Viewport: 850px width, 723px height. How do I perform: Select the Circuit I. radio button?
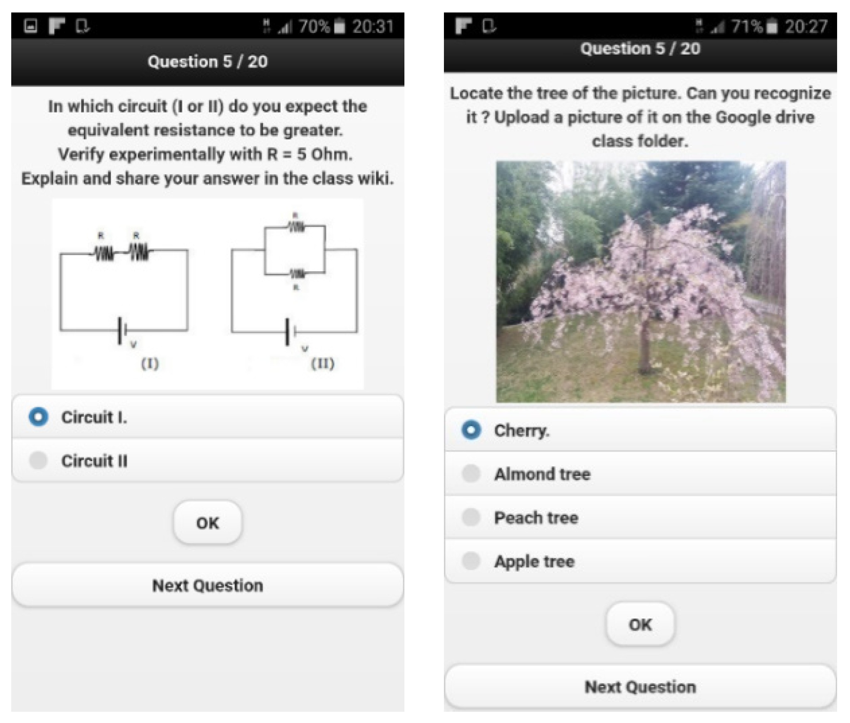pos(38,417)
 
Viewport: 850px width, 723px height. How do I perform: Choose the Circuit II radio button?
pos(38,461)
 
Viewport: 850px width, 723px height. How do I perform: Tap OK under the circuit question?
pos(208,522)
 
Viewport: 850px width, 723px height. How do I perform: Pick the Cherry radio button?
pos(471,430)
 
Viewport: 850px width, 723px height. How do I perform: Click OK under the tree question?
pos(640,624)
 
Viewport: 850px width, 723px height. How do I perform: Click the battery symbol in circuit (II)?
pos(290,332)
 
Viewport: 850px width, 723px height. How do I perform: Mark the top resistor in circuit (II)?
pos(296,227)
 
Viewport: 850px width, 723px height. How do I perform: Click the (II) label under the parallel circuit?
pos(323,364)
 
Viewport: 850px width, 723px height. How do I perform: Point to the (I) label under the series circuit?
pos(150,364)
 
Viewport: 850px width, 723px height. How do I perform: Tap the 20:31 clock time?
pos(373,27)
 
